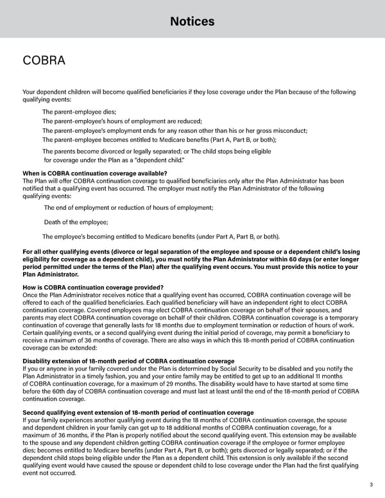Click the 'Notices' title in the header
click(x=193, y=22)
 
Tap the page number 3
click(x=371, y=485)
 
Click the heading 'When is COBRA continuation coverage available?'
click(x=95, y=173)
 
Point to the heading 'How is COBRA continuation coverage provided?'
click(x=93, y=287)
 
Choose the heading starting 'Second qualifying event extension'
click(x=138, y=412)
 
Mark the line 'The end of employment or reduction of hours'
click(x=128, y=207)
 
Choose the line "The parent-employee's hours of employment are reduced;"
click(x=122, y=121)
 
